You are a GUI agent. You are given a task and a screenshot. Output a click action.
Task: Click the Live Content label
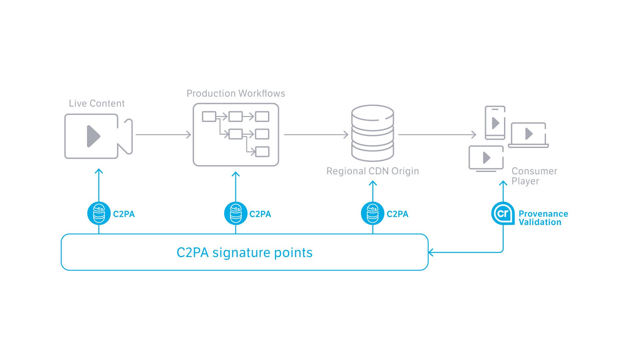coord(97,103)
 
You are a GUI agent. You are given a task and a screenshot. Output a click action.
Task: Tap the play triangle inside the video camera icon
coord(93,136)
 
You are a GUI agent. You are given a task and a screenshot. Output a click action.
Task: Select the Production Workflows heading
coord(236,93)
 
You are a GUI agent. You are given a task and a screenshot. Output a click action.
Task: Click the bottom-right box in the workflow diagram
coord(262,152)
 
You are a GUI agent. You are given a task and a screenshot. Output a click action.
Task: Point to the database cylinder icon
coord(373,133)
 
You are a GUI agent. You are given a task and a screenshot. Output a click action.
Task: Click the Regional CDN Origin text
coord(372,171)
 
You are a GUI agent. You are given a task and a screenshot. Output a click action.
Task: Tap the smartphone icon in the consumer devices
coord(495,123)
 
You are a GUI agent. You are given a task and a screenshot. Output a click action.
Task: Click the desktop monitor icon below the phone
coord(486,158)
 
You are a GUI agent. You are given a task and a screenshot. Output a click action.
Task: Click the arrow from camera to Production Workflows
coord(163,135)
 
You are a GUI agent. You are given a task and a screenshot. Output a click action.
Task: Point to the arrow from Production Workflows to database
coord(316,135)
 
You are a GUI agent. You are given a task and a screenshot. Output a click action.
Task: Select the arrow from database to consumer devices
coord(437,135)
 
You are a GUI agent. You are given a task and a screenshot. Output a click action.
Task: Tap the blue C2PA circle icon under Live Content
coord(99,213)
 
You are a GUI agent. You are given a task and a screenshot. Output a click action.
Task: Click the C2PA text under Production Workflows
coord(260,214)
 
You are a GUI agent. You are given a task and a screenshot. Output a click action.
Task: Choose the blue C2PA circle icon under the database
coord(373,213)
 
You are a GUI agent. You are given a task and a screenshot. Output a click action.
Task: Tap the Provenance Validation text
coord(543,218)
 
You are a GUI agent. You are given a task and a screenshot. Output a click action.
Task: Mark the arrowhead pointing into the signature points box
coord(431,252)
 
